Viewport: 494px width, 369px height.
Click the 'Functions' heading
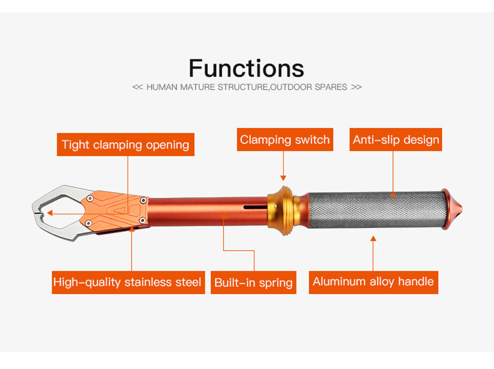click(246, 68)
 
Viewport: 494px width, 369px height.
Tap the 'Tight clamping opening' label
click(126, 144)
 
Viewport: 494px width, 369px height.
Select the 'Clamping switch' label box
click(285, 139)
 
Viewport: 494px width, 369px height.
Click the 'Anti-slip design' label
click(396, 139)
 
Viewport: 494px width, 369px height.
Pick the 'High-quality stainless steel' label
click(128, 282)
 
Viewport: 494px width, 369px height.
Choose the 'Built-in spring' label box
click(253, 283)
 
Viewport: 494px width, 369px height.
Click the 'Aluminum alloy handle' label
click(373, 282)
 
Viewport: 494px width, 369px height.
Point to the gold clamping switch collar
click(282, 210)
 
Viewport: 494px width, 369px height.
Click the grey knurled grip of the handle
click(377, 209)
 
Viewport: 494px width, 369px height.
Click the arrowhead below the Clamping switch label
click(283, 178)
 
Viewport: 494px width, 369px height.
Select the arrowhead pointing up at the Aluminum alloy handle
click(373, 238)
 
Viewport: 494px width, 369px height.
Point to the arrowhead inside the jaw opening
click(49, 213)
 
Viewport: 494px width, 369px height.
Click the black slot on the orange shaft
click(256, 207)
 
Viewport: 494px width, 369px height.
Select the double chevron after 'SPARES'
click(357, 87)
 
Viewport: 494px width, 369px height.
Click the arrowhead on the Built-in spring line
click(224, 216)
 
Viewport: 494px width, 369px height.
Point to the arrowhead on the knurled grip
click(393, 196)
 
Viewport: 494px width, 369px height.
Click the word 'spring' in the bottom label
click(275, 283)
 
